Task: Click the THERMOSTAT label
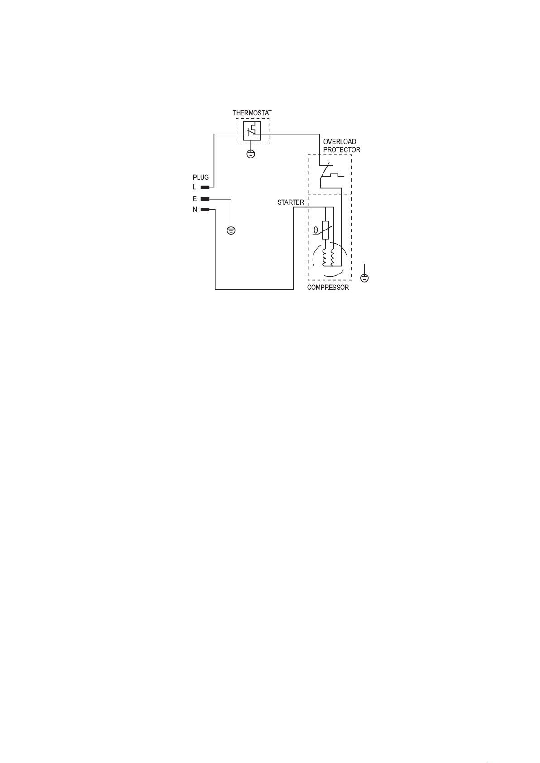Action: (x=252, y=113)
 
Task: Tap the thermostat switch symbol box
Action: (x=252, y=131)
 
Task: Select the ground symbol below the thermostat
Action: (x=251, y=154)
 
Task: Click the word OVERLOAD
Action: (x=339, y=142)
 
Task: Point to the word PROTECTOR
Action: (x=342, y=150)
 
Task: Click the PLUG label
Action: (x=201, y=178)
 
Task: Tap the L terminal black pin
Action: (x=205, y=187)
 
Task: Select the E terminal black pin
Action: (x=205, y=199)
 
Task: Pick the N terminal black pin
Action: (x=205, y=210)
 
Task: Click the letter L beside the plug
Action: (x=195, y=187)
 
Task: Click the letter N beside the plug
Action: (x=195, y=210)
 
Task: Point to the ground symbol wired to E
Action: (x=231, y=231)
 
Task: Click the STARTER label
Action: (x=290, y=202)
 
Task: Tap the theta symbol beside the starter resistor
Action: (x=316, y=230)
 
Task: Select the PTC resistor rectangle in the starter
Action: (x=325, y=230)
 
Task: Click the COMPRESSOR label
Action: (x=328, y=288)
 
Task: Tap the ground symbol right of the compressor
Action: (x=364, y=278)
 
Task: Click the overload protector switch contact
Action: (x=325, y=172)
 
